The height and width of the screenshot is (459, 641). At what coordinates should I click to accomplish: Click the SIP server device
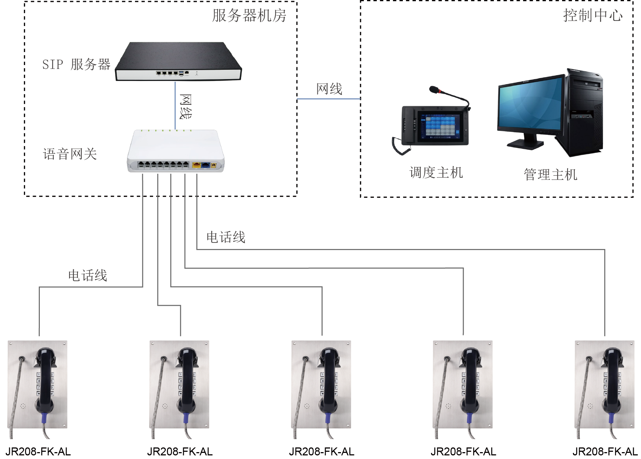tap(178, 61)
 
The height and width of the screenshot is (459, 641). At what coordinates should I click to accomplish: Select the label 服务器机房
tap(249, 16)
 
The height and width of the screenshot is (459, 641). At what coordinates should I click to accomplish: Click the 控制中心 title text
tap(592, 16)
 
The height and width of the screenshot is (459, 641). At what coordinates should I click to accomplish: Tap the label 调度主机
tap(436, 173)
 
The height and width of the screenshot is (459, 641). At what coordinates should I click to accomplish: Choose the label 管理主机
tap(550, 175)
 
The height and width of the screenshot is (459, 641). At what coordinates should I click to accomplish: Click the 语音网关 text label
tap(70, 154)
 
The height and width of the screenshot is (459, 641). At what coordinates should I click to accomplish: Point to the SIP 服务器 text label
tap(76, 65)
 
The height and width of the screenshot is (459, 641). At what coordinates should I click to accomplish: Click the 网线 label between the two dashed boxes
tap(329, 89)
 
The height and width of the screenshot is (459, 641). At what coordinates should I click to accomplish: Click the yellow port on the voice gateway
tap(197, 165)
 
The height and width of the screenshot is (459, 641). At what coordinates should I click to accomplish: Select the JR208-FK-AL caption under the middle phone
tap(321, 452)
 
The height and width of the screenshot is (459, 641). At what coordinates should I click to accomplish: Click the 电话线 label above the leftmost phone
tap(88, 276)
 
